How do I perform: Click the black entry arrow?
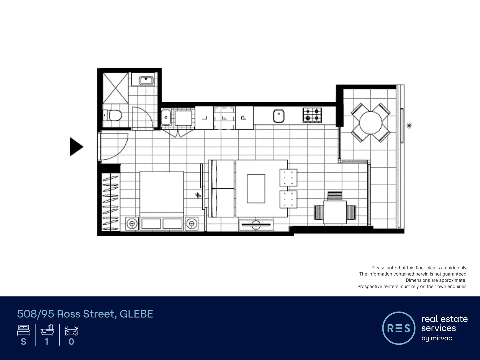pos(76,147)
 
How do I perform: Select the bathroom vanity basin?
pos(146,81)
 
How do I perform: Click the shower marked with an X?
pos(115,88)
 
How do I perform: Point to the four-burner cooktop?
pos(312,115)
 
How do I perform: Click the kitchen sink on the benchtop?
pos(278,116)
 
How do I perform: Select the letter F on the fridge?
pos(224,118)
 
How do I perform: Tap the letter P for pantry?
pos(244,118)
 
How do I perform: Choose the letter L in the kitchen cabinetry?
pos(205,118)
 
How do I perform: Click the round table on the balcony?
pos(371,123)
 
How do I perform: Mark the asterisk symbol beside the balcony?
pos(409,126)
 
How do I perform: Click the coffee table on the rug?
pos(256,188)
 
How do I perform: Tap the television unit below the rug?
pos(256,225)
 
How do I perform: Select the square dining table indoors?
pos(334,212)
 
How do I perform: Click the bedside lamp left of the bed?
pos(132,223)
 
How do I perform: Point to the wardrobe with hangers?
pos(110,202)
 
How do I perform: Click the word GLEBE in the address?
pos(136,314)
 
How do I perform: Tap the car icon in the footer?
pos(71,331)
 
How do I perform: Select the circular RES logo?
pos(399,328)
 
